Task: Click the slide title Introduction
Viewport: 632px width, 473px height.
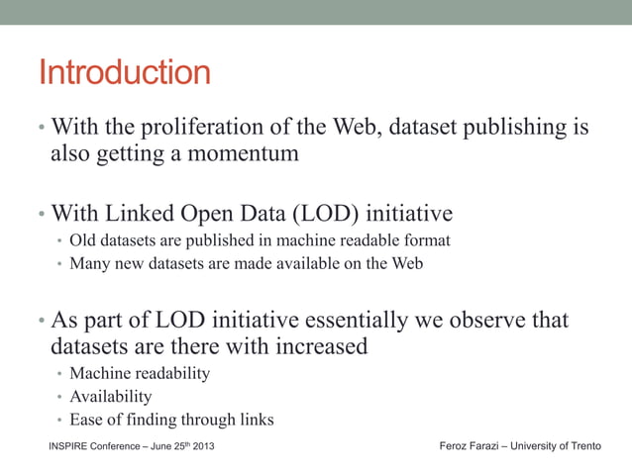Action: tap(124, 73)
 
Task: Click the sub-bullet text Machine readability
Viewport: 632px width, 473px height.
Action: tap(140, 374)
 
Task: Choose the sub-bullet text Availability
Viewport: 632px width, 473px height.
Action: tap(111, 397)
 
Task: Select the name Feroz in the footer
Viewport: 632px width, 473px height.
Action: tap(455, 447)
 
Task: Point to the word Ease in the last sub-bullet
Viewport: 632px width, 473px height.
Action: tap(87, 420)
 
